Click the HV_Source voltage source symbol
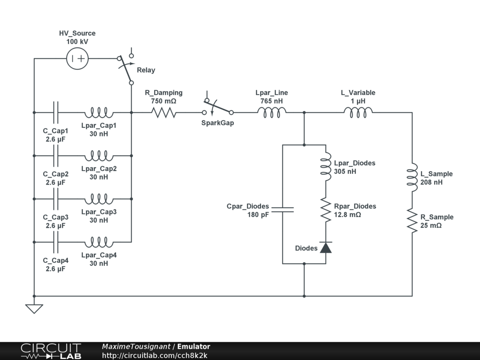click(x=78, y=59)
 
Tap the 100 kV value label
click(x=77, y=42)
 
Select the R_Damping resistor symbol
click(x=164, y=112)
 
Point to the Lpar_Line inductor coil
click(x=272, y=112)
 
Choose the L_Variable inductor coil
click(x=359, y=112)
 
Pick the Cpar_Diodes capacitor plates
click(x=282, y=209)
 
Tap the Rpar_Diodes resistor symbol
click(x=326, y=210)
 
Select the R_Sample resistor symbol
click(x=412, y=221)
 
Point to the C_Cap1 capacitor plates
click(x=56, y=112)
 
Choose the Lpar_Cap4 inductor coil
click(x=98, y=242)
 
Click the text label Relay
click(x=146, y=70)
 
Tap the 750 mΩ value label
click(x=164, y=101)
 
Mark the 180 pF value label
click(x=258, y=215)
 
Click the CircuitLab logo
click(x=51, y=351)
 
